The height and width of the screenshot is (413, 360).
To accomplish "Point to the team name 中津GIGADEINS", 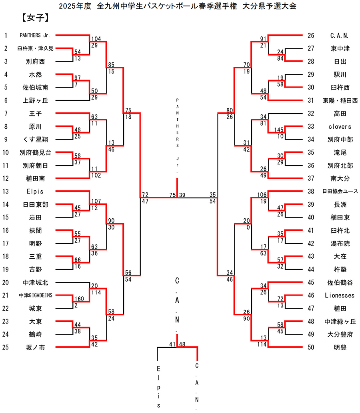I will (36, 295).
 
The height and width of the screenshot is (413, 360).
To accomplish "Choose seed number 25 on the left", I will (6, 347).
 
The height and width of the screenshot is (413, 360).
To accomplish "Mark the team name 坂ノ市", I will (34, 347).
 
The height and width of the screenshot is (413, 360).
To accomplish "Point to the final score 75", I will (172, 195).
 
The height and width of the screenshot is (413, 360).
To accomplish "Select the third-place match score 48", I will (183, 344).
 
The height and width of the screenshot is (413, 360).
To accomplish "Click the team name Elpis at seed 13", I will (34, 192).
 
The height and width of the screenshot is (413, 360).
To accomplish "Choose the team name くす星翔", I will (34, 140).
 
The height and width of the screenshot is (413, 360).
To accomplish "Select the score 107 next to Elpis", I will (96, 201).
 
